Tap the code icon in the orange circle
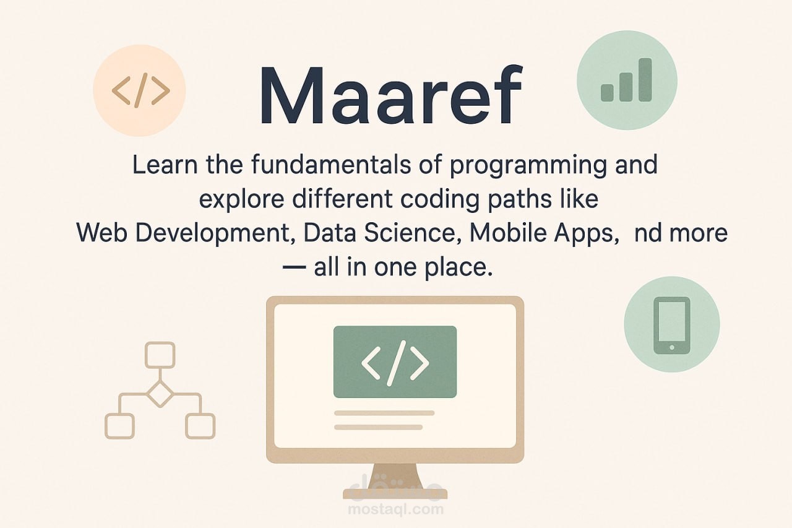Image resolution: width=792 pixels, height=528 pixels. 140,90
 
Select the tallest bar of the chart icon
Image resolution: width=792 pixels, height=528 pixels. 645,80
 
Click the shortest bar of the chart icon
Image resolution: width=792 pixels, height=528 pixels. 607,93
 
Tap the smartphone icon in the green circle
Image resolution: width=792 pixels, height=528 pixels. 672,326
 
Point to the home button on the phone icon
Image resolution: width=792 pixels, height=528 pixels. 672,348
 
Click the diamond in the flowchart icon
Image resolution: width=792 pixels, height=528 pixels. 160,394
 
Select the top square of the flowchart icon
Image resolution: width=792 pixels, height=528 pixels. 160,355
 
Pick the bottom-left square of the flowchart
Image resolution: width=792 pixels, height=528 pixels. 119,426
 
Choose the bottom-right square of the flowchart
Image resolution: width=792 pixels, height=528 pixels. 200,426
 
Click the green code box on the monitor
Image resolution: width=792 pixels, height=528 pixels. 395,361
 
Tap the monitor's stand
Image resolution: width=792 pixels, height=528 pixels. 395,481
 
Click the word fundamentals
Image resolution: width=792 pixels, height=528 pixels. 331,165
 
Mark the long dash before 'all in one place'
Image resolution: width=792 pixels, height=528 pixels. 294,267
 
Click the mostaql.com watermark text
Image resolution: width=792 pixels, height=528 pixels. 395,509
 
